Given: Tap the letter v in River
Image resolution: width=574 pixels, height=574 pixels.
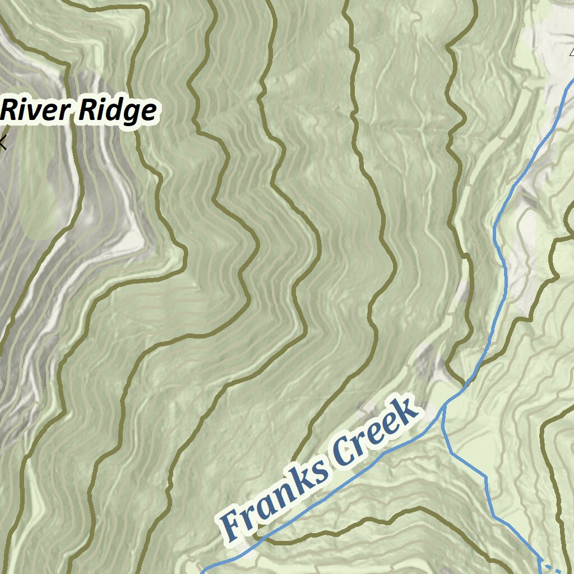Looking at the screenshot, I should [40, 112].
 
